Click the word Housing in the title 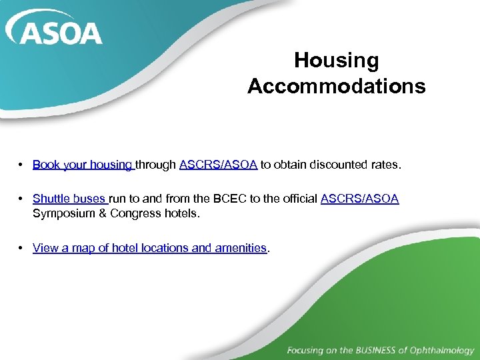[336, 61]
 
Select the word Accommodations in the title [336, 86]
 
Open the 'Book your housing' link [83, 164]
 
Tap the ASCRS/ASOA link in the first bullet [218, 164]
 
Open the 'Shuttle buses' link [69, 198]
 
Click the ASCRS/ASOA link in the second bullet [359, 198]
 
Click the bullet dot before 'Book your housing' [22, 165]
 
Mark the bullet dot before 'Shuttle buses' [22, 199]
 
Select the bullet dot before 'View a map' [22, 248]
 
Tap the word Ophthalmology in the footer [441, 350]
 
